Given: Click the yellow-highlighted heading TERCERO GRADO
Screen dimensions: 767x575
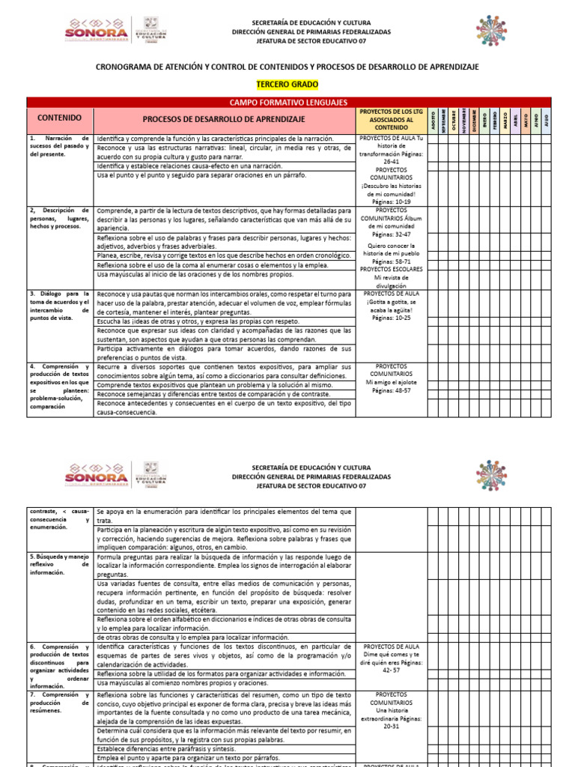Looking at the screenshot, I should coord(287,85).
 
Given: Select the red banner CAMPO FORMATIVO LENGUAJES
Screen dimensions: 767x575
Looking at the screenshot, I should coord(287,101).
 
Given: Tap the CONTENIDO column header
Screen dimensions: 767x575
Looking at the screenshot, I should coord(60,118).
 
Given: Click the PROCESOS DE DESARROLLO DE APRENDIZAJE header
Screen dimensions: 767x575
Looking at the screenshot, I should coord(224,119).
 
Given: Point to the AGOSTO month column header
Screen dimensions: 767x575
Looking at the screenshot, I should coord(432,119).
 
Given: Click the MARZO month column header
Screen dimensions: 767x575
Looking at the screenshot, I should coord(505,119).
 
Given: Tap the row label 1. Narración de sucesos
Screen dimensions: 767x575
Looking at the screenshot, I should coord(59,146).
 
